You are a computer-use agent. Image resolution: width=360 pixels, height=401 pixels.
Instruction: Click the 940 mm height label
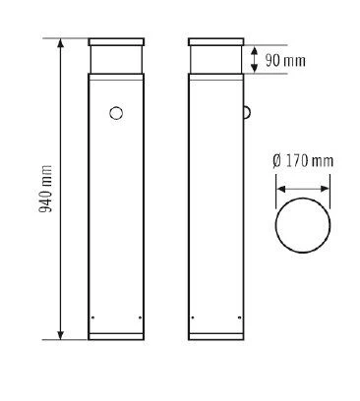45,189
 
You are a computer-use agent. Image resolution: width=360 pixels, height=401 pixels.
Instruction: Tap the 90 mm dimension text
285,61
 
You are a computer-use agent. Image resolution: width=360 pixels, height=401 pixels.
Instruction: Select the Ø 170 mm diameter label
303,161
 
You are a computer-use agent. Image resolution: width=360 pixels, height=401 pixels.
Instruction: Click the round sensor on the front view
116,113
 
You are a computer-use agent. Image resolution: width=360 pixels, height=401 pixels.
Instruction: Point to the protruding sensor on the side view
248,112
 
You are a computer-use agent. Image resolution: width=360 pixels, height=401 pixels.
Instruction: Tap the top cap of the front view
116,42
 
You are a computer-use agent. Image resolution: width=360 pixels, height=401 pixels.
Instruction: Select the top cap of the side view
216,42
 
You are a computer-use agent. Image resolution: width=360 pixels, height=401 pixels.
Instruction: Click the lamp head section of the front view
116,60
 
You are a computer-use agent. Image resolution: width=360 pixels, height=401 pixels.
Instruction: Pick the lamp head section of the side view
216,60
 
